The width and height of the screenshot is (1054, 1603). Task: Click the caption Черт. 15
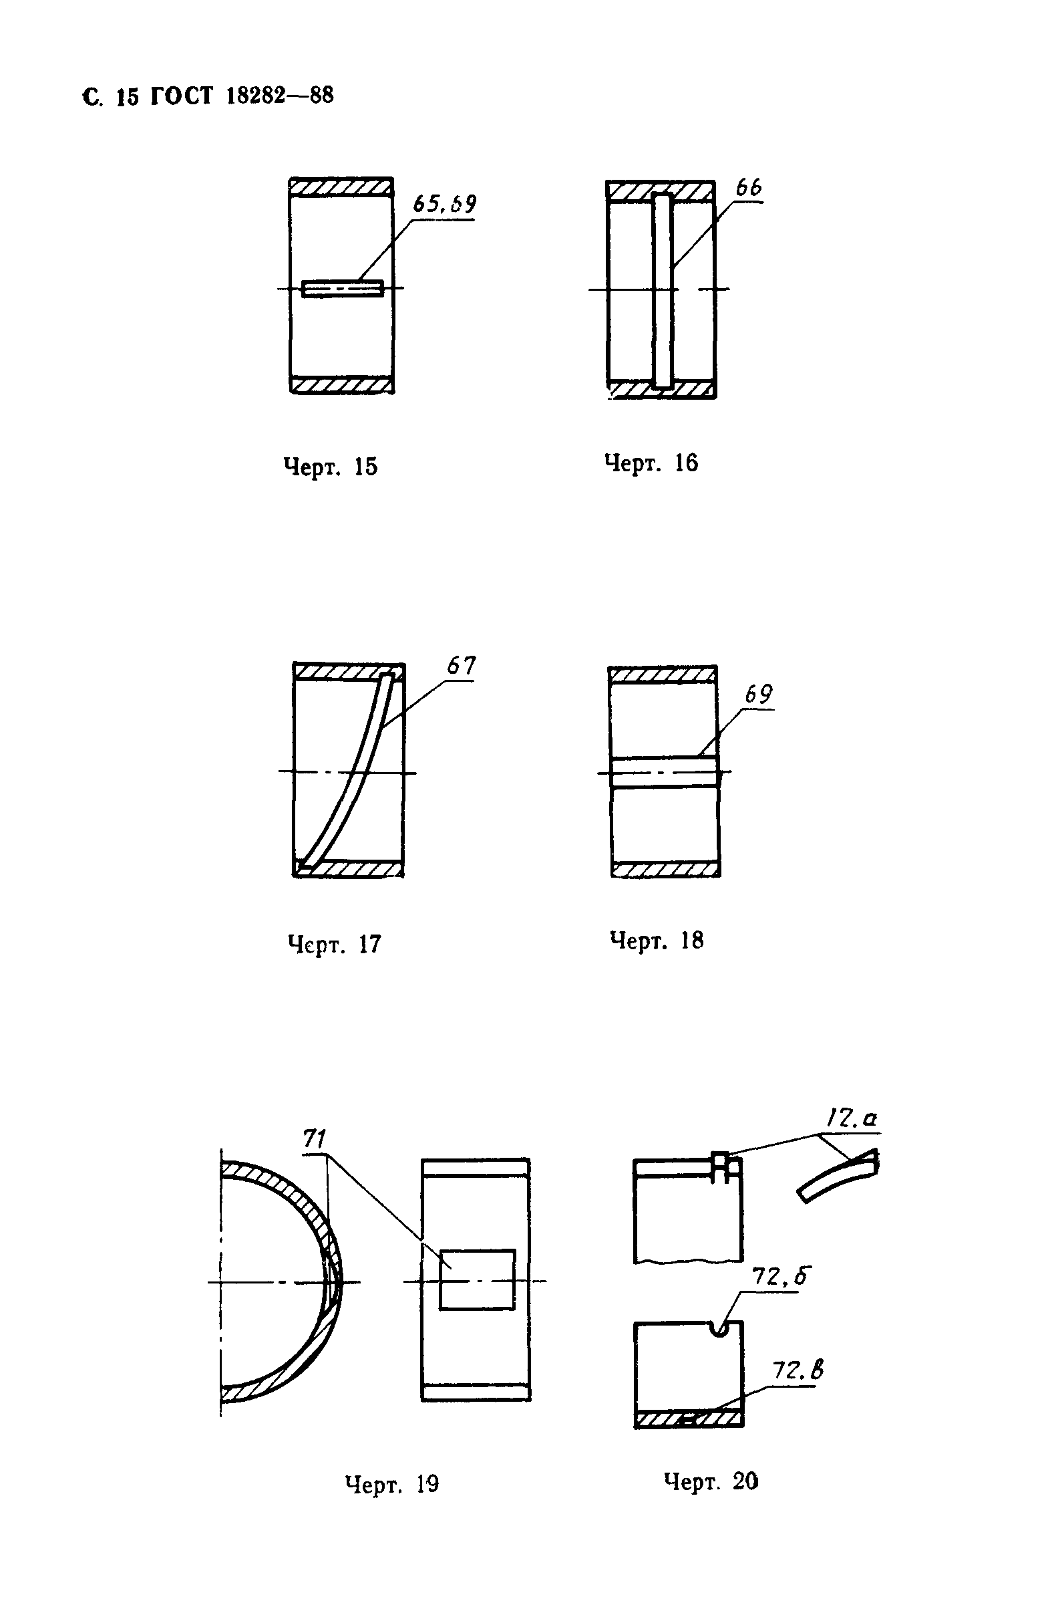point(331,467)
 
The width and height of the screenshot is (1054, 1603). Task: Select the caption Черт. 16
point(651,463)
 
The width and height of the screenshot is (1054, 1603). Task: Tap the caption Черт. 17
point(335,944)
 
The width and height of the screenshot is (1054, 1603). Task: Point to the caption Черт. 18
point(656,940)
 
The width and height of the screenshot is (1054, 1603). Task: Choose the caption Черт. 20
point(711,1481)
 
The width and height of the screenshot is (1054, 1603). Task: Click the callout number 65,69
point(444,203)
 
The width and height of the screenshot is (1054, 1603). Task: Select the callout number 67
point(461,665)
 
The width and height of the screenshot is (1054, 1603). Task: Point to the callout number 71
point(315,1139)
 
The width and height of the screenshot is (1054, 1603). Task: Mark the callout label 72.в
point(798,1370)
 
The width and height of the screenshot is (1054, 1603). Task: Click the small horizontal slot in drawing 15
point(343,289)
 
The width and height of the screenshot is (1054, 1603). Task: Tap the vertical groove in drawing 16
point(663,291)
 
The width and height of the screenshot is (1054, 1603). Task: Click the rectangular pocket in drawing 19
point(477,1279)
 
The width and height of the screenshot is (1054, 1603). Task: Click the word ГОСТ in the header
point(180,96)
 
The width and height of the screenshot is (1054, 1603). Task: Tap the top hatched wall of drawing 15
point(341,187)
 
